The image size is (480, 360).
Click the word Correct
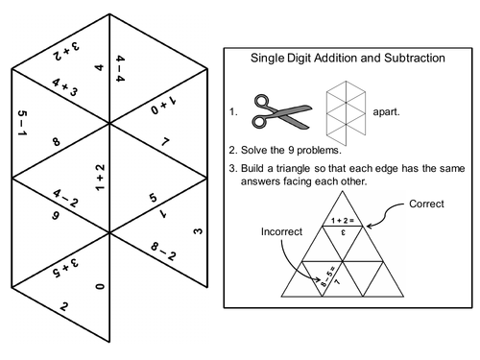coord(426,205)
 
